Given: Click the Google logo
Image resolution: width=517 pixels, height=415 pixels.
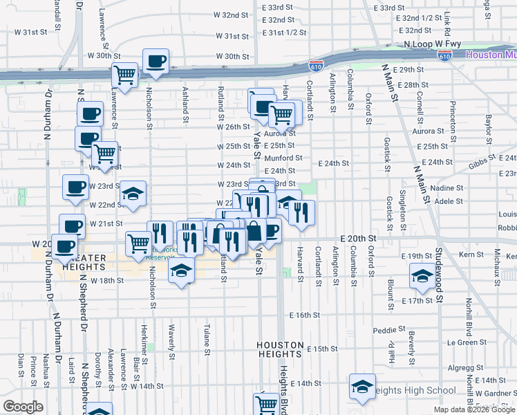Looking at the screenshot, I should (23, 406).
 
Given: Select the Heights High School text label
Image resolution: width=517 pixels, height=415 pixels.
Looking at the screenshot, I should (412, 391).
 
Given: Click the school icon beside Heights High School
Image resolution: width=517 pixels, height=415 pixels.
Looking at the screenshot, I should (362, 388).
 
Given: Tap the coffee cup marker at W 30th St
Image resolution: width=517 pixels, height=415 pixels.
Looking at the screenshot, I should (155, 61).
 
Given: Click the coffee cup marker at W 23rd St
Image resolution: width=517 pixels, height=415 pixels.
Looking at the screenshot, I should (75, 187).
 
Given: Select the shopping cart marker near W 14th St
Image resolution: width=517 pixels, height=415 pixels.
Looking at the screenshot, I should (266, 405).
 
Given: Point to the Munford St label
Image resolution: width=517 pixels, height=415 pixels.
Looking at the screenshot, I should (283, 158).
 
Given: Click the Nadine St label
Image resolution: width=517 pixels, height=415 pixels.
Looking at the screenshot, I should (445, 188).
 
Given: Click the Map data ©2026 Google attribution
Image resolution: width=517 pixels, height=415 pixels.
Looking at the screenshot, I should (473, 409).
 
